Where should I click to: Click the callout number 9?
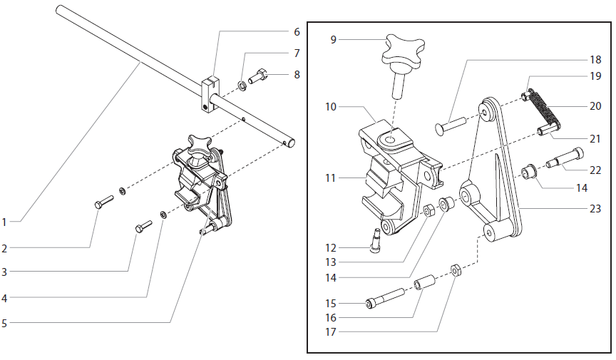coord(333,40)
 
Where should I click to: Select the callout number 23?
coord(595,209)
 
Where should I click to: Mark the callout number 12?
coord(330,248)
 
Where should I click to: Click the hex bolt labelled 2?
coord(104,202)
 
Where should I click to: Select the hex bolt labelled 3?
coord(143,227)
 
